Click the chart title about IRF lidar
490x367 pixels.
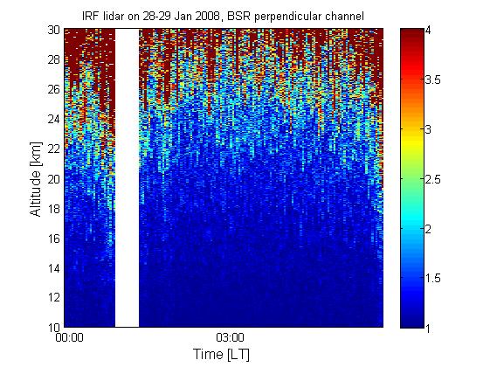[x=223, y=16]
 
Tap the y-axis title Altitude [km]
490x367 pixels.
[x=36, y=179]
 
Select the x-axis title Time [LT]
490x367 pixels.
[x=222, y=355]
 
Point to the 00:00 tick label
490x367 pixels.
[x=69, y=337]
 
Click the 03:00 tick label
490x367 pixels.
[x=230, y=337]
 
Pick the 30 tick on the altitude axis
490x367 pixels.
[x=54, y=30]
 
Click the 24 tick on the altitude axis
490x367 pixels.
[x=54, y=119]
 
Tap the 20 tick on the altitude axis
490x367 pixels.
[x=54, y=179]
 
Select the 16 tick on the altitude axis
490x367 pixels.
[x=54, y=239]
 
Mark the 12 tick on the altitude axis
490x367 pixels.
[x=54, y=297]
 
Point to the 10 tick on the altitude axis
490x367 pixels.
[x=54, y=328]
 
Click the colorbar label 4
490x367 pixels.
[x=428, y=30]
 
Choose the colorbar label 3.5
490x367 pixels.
[x=433, y=80]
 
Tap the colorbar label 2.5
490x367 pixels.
[x=433, y=179]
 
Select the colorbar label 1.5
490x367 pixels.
[x=433, y=278]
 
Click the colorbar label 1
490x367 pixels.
[x=428, y=328]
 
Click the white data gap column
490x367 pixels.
[x=127, y=178]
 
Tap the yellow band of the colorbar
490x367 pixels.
[x=412, y=137]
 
